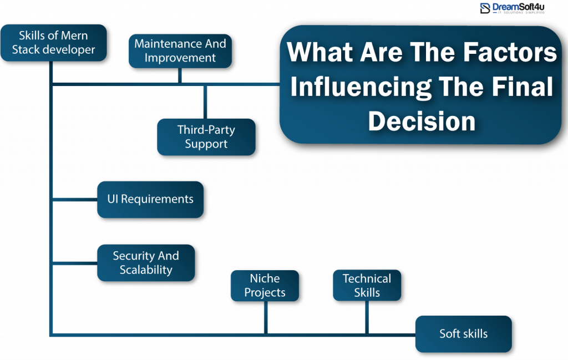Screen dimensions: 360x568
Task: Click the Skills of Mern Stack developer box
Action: (53, 42)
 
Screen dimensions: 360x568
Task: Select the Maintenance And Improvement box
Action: (180, 51)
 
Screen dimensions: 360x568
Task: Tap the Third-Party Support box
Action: (206, 136)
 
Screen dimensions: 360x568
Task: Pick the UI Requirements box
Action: (150, 199)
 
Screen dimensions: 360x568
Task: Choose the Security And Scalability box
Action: (146, 263)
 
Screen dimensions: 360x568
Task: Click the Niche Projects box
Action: (265, 286)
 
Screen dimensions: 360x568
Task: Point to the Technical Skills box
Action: (367, 286)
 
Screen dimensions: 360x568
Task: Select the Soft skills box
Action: (463, 334)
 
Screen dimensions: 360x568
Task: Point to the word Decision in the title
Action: (422, 121)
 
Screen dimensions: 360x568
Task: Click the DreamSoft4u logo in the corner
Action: (511, 8)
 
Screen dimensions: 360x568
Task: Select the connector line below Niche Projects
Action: (266, 317)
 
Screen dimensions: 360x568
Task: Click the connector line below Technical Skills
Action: (367, 317)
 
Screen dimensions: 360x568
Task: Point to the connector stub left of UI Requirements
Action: (75, 199)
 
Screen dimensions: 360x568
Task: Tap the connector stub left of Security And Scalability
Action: (75, 263)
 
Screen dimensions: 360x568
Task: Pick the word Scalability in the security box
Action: (146, 270)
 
